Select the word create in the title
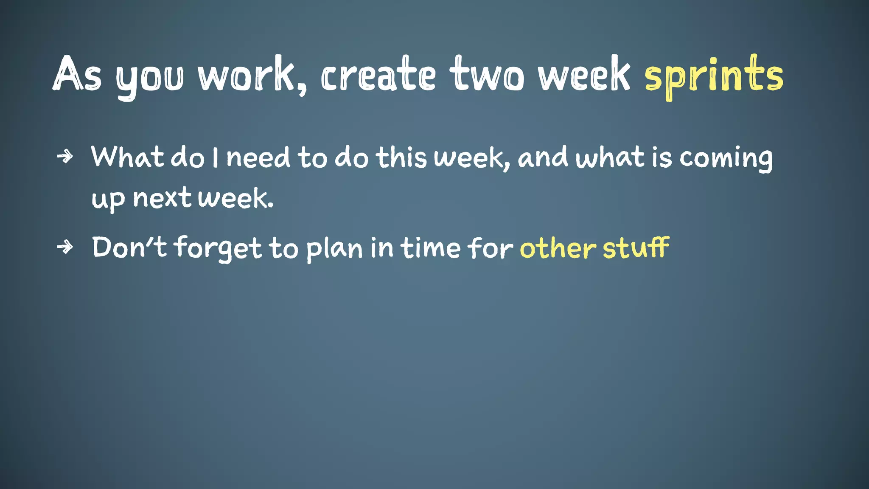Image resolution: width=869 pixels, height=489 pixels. (378, 76)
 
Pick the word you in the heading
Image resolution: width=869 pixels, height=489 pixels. (150, 79)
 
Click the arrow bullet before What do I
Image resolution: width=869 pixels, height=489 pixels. (65, 157)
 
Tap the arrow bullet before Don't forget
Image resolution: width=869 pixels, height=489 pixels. (65, 247)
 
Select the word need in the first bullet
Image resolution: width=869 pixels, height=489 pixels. (258, 157)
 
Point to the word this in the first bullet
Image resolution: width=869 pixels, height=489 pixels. (401, 157)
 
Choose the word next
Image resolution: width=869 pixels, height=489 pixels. (162, 198)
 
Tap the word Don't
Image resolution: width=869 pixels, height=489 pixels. (129, 247)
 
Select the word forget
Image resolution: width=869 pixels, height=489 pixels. (218, 248)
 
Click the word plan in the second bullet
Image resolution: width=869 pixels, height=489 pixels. (334, 249)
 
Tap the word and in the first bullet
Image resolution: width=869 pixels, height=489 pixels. (543, 157)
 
